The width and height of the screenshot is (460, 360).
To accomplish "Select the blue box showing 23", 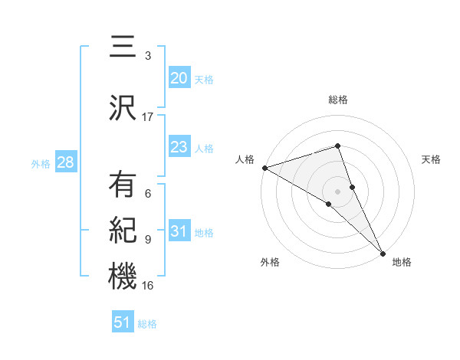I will pos(179,147).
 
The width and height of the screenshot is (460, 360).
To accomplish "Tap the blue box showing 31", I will pos(179,232).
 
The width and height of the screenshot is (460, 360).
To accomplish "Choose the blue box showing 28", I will pos(65,162).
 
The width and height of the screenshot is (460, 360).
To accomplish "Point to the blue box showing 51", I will pos(123,322).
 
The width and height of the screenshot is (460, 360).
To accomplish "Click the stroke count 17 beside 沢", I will pos(148,117).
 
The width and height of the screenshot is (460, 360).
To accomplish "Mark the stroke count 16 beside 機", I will pos(148,286).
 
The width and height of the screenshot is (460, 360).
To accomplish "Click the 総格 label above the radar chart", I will pos(338,100).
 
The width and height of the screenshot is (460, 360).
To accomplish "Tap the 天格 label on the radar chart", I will pos(432,159).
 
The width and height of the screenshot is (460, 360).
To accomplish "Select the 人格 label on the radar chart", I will pos(245,159).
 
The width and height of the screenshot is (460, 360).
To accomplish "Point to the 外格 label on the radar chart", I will pos(270,262).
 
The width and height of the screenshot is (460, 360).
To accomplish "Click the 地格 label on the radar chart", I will pos(402,262).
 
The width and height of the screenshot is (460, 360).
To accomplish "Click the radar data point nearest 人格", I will pos(264,167).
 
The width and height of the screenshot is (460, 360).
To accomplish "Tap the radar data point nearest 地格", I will pos(382,251).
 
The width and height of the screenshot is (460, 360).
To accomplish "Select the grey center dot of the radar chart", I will pos(338,191).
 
